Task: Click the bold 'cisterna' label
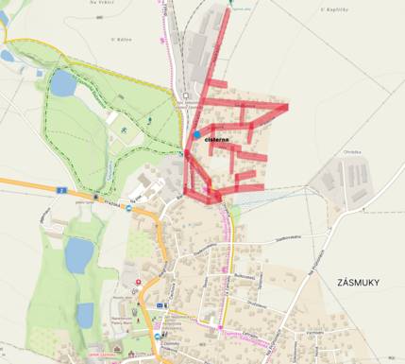tap(217, 140)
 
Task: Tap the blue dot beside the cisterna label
tap(196, 135)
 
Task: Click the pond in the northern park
tap(62, 85)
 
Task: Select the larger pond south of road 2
tap(79, 253)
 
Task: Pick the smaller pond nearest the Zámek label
tap(85, 314)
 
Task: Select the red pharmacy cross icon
tap(140, 281)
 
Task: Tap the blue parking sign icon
tap(164, 305)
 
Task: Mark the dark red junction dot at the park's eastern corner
tap(183, 150)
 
